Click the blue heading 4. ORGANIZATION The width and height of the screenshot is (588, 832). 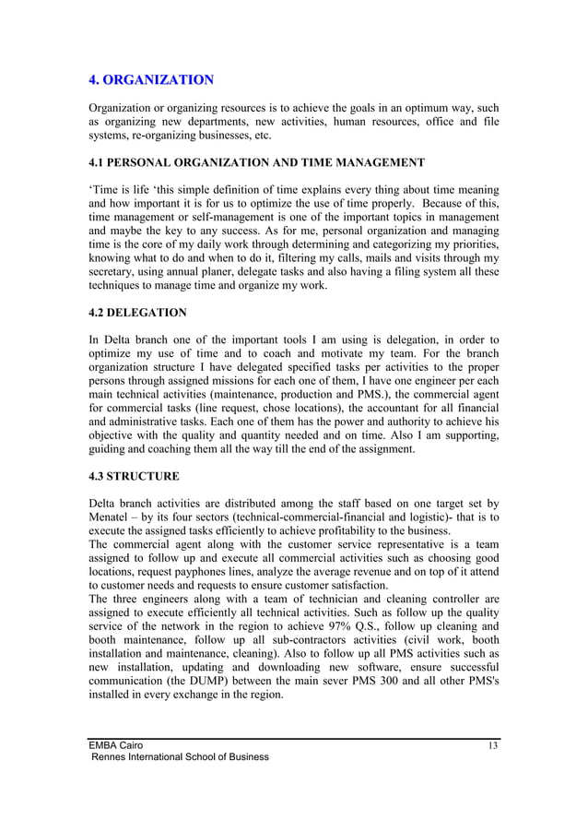[x=151, y=80]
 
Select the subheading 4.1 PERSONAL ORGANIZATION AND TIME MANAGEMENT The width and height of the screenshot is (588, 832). [x=256, y=163]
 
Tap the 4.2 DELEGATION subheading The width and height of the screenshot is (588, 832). [x=137, y=313]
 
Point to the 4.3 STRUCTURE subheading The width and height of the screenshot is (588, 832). [x=134, y=476]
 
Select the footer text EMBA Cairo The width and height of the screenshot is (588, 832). [x=116, y=744]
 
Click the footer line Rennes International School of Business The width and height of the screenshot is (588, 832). [x=179, y=757]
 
